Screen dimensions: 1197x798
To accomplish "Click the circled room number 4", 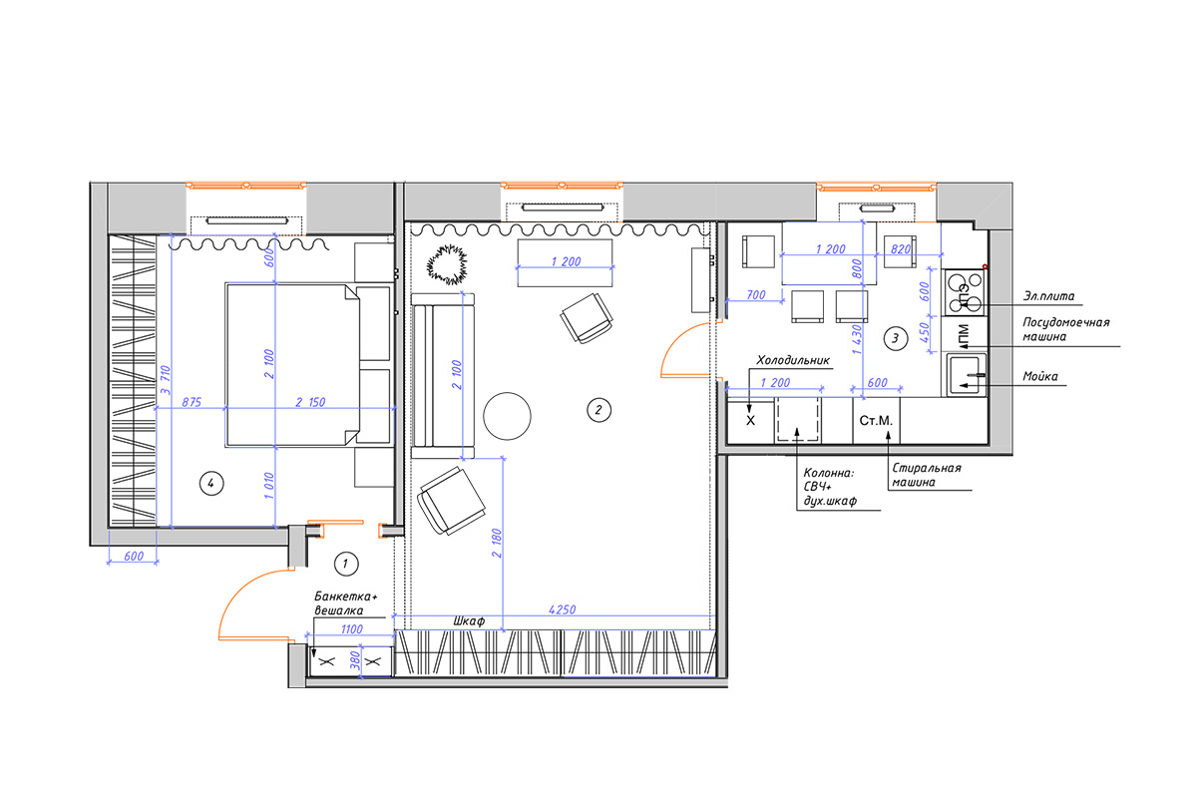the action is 211,484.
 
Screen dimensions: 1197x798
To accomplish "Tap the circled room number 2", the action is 598,410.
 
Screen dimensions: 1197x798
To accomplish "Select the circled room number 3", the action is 896,338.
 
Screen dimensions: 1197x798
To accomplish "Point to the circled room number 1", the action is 346,564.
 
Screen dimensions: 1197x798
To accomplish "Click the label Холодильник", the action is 792,360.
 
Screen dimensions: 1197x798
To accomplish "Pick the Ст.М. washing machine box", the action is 877,421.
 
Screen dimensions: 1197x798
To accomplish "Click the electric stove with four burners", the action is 965,292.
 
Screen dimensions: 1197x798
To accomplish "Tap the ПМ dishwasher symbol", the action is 965,335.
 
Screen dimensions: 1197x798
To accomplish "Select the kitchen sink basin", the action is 967,375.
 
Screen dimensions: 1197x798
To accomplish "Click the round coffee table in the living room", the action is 507,416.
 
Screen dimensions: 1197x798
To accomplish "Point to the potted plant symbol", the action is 447,264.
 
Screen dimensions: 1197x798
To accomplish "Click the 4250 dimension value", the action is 563,609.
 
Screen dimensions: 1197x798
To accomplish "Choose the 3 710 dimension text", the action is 166,380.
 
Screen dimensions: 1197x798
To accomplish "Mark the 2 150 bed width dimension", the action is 310,402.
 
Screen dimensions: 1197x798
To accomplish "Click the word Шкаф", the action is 469,621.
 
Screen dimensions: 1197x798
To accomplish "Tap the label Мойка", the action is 1039,376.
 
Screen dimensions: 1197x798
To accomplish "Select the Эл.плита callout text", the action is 1048,296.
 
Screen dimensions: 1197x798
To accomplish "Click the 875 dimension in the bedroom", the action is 192,402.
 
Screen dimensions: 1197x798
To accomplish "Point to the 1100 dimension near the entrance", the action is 351,629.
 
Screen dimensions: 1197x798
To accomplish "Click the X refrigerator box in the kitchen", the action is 751,421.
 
